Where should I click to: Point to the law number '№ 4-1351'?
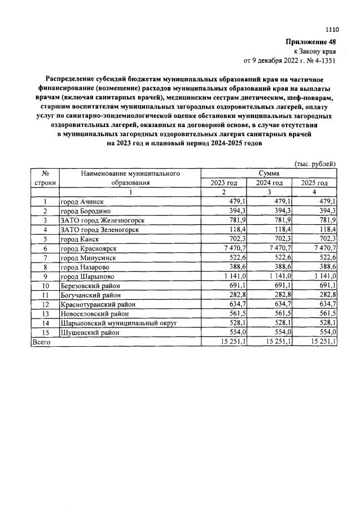tap(320, 59)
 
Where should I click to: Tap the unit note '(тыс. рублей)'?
tap(315, 164)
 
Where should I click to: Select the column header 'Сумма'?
tap(269, 173)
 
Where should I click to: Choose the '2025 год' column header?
tap(314, 183)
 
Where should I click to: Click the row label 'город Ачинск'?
tap(82, 202)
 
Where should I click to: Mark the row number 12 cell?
tap(45, 304)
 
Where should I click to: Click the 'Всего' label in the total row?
tap(41, 342)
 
